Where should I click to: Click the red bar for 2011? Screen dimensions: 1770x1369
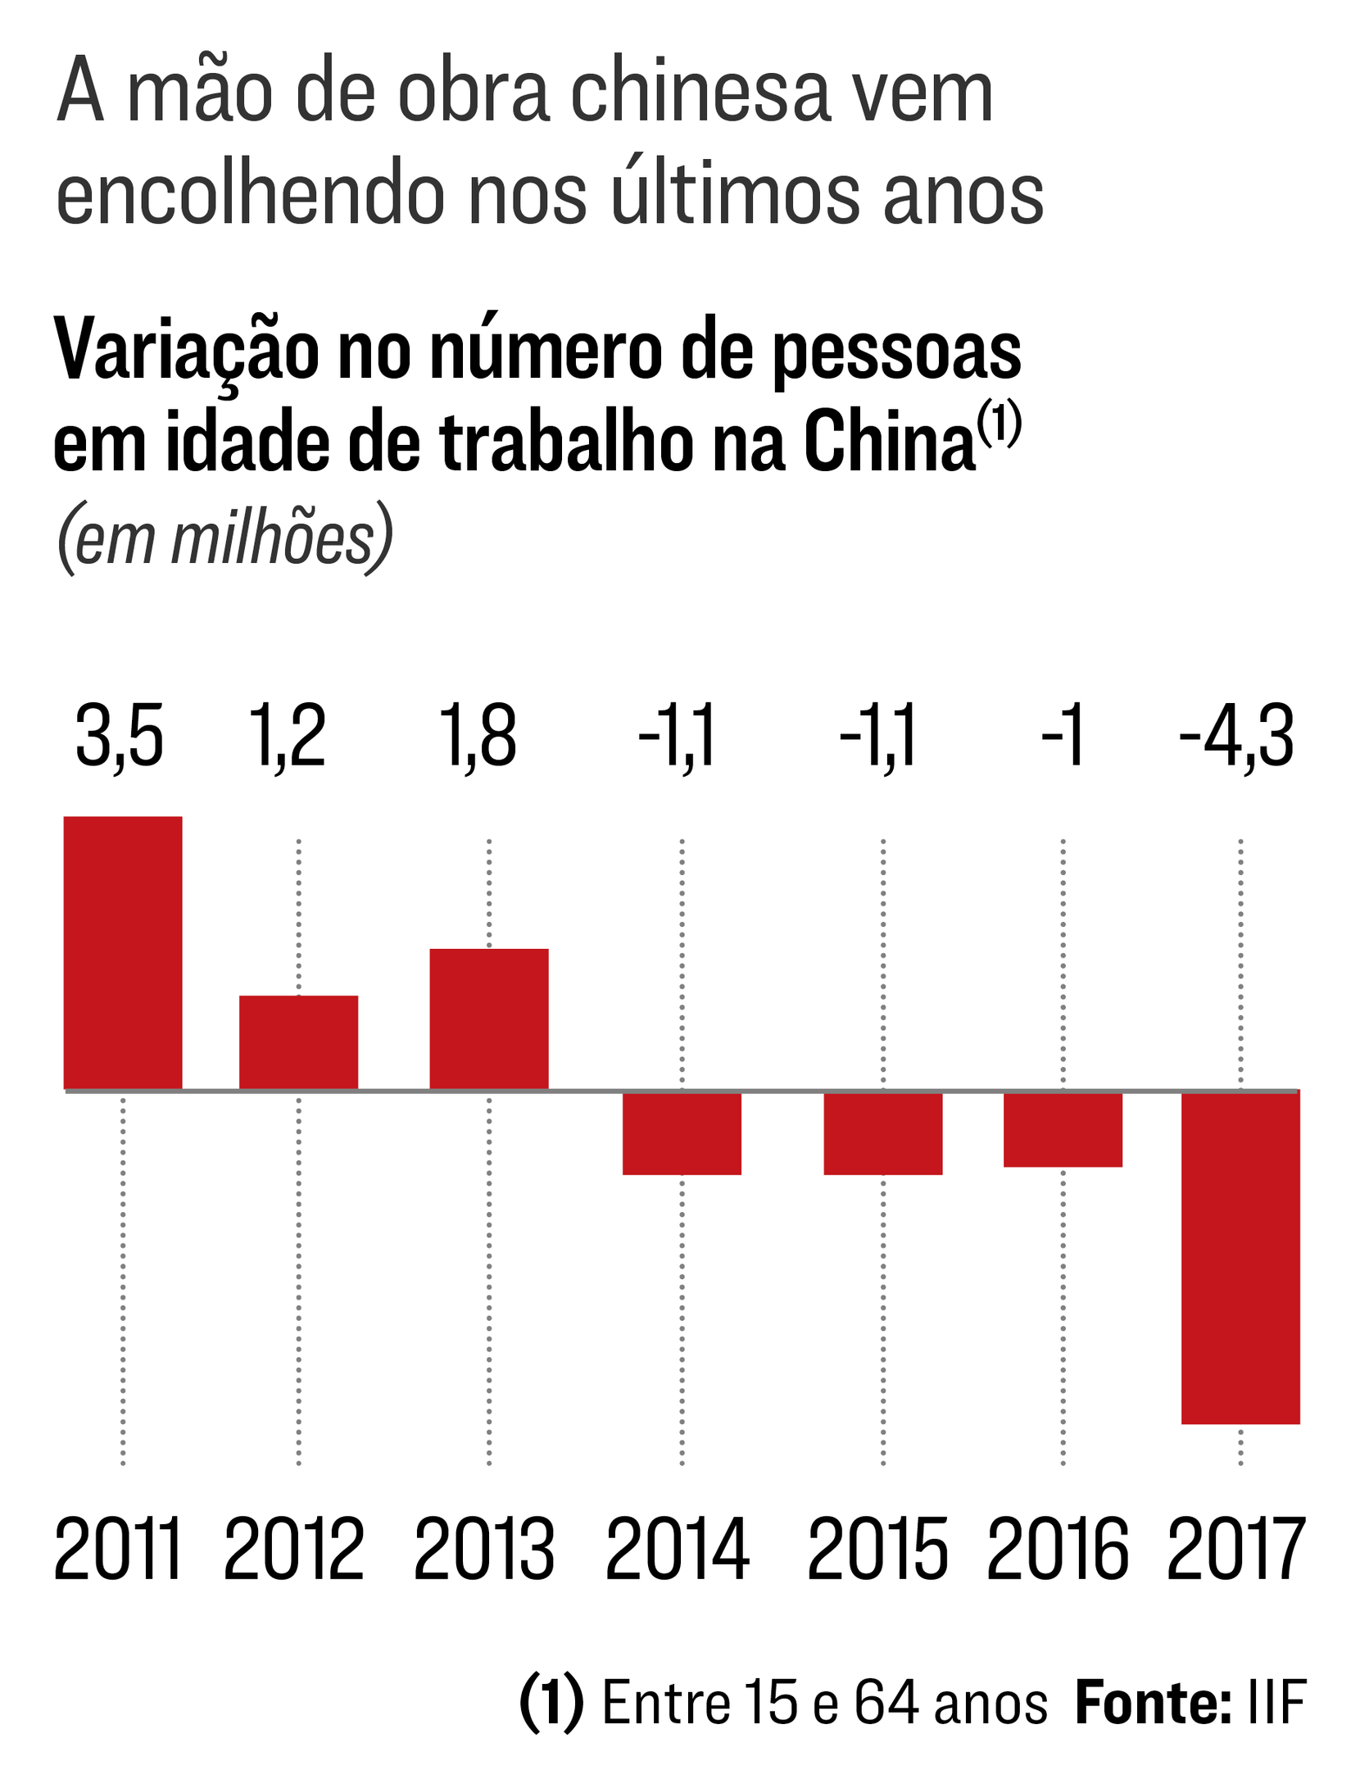pyautogui.click(x=123, y=952)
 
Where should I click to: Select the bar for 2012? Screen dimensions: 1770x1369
pyautogui.click(x=298, y=1042)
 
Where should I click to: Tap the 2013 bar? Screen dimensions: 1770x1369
pyautogui.click(x=489, y=1019)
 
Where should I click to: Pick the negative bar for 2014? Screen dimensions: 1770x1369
pyautogui.click(x=682, y=1133)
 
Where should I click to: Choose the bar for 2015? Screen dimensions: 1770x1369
pyautogui.click(x=883, y=1133)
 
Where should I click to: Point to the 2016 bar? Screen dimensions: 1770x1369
pyautogui.click(x=1063, y=1129)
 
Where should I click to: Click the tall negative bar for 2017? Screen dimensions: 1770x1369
pyautogui.click(x=1240, y=1258)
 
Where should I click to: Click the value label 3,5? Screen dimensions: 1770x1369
pyautogui.click(x=120, y=736)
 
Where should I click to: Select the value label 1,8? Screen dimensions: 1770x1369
pyautogui.click(x=478, y=736)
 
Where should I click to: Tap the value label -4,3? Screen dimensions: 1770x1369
pyautogui.click(x=1237, y=736)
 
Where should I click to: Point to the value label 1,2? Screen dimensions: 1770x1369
pyautogui.click(x=287, y=736)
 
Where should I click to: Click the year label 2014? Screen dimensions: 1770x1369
pyautogui.click(x=677, y=1550)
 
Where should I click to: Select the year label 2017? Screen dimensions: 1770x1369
pyautogui.click(x=1235, y=1550)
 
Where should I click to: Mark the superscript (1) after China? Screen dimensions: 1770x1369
pyautogui.click(x=1000, y=422)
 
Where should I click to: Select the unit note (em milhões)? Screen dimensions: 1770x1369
pyautogui.click(x=224, y=538)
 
